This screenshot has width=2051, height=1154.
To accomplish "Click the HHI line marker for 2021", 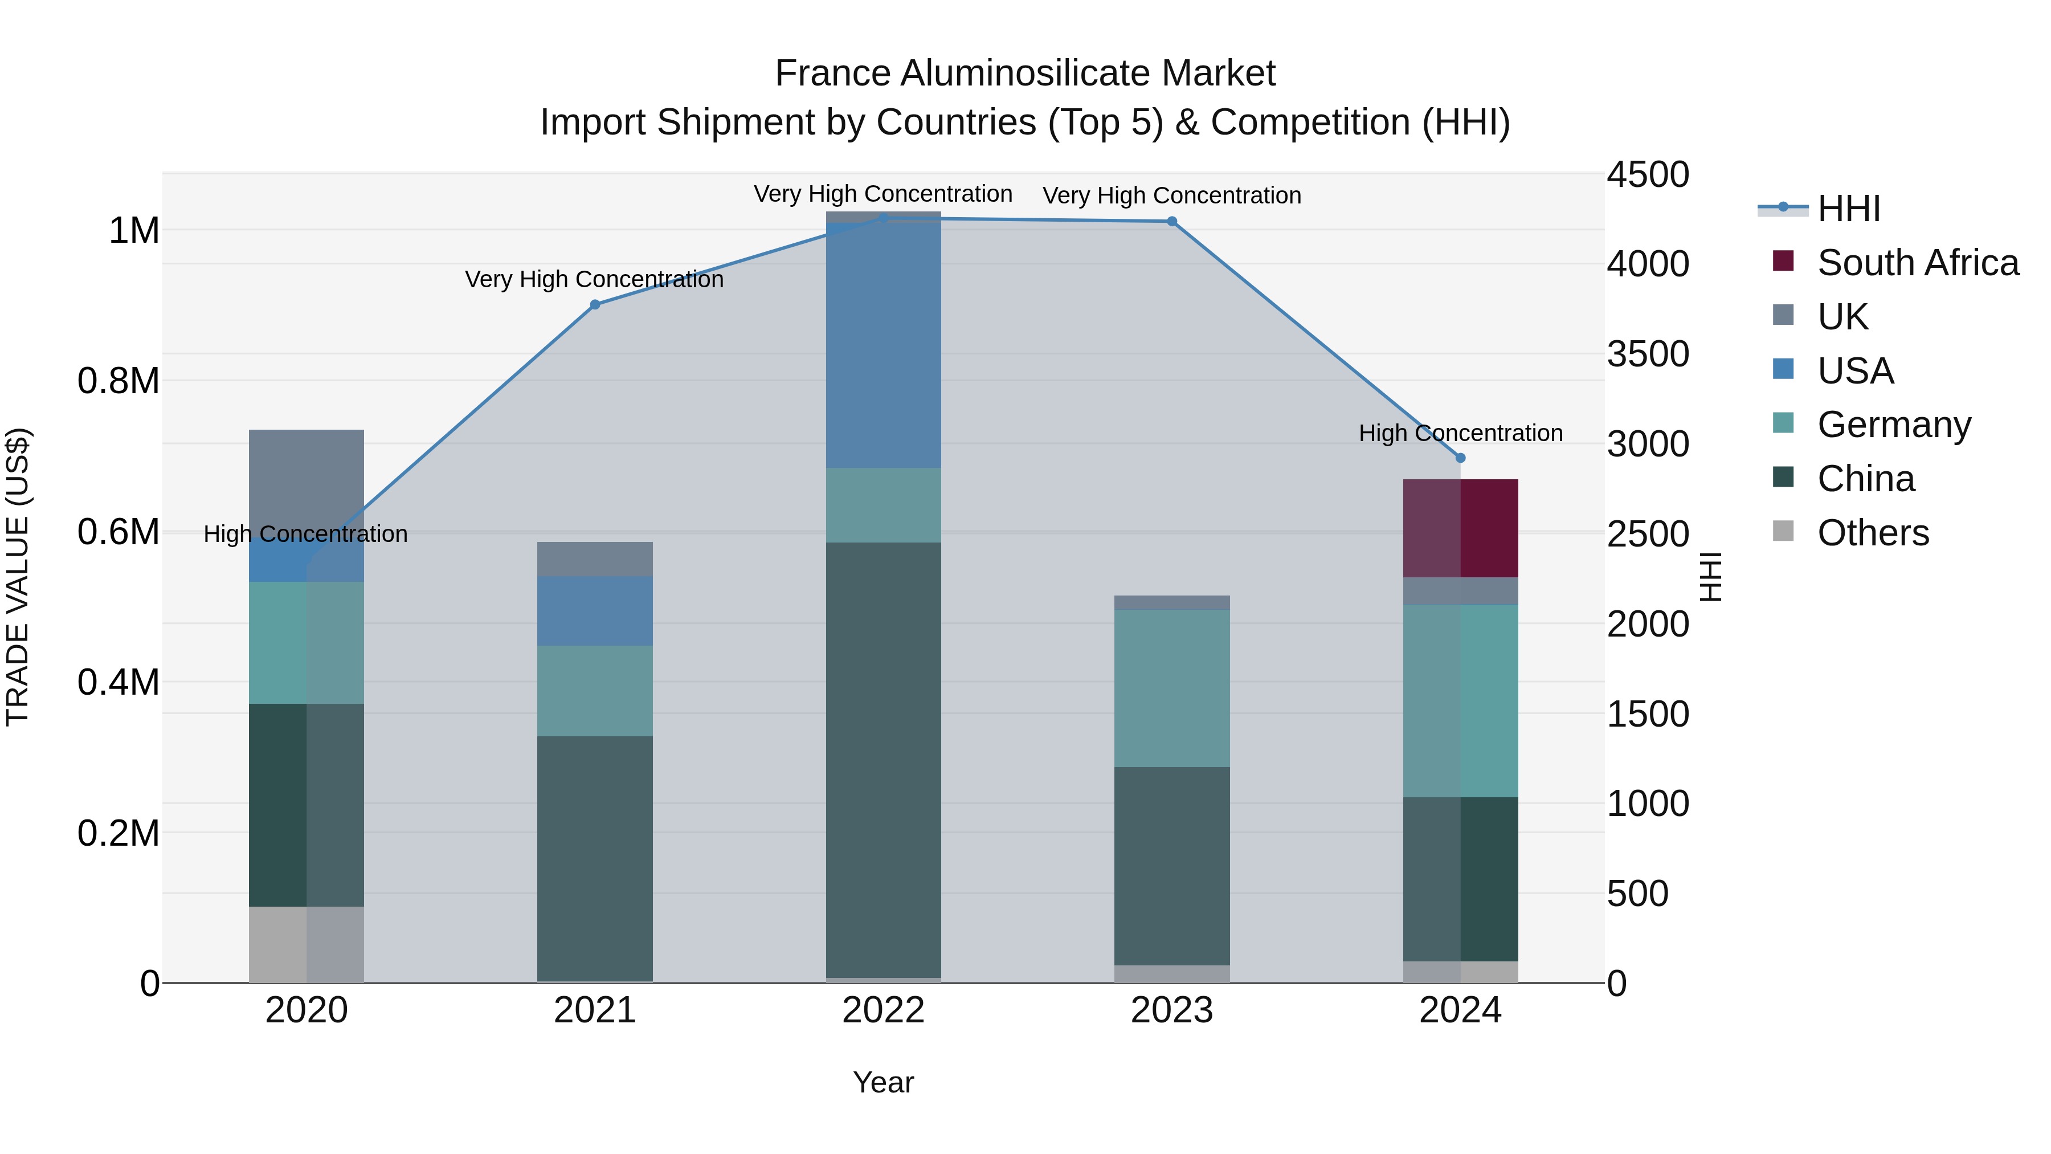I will pyautogui.click(x=595, y=304).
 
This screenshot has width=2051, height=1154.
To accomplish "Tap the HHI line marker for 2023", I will pyautogui.click(x=1172, y=222).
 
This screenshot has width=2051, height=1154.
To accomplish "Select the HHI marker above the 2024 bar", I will pyautogui.click(x=1460, y=458).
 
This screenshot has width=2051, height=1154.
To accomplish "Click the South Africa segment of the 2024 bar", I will pyautogui.click(x=1460, y=528).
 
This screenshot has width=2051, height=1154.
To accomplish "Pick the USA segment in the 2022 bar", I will pyautogui.click(x=883, y=342).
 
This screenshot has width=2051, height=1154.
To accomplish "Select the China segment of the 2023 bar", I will pyautogui.click(x=1172, y=866).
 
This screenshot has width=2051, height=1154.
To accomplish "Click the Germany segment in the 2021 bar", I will pyautogui.click(x=595, y=691).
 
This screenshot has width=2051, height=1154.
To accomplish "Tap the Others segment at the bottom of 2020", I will pyautogui.click(x=307, y=944).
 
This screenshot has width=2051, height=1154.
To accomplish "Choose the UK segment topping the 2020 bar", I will pyautogui.click(x=307, y=478).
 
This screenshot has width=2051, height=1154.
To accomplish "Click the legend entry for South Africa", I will pyautogui.click(x=1917, y=263).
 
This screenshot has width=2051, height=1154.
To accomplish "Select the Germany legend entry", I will pyautogui.click(x=1893, y=425).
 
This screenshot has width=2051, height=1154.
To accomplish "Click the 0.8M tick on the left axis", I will pyautogui.click(x=119, y=381).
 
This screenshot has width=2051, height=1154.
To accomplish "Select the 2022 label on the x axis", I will pyautogui.click(x=883, y=1010).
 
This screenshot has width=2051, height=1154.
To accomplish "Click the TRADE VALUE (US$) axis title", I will pyautogui.click(x=18, y=577).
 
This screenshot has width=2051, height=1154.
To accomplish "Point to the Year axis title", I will pyautogui.click(x=883, y=1082).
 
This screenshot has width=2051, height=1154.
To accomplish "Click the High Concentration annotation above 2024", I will pyautogui.click(x=1460, y=433).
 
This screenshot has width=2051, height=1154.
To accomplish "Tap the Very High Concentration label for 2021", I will pyautogui.click(x=594, y=280).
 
